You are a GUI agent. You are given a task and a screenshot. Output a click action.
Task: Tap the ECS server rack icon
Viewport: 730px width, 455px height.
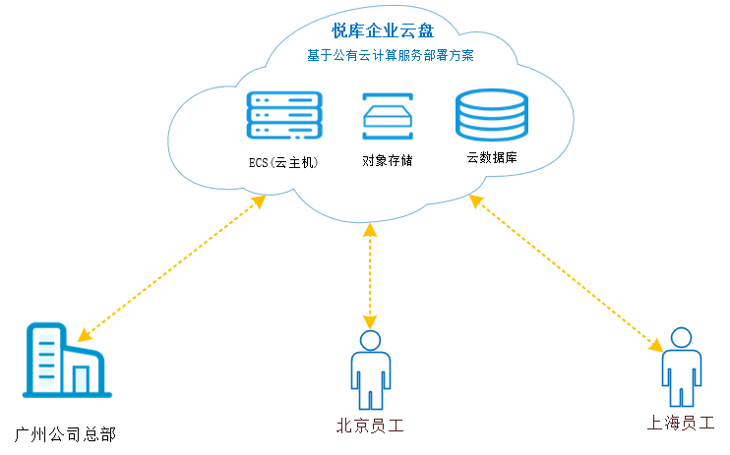tap(285, 116)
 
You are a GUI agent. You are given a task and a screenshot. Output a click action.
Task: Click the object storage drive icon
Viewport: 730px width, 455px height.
tap(388, 117)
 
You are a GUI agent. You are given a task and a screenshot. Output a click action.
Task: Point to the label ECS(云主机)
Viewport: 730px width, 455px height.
tap(283, 160)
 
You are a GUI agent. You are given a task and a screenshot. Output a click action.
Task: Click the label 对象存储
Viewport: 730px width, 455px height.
tap(387, 159)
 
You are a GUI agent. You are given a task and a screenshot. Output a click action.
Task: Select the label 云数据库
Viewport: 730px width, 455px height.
tap(492, 158)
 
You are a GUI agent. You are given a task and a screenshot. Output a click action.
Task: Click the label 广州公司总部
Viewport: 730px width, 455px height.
tap(66, 433)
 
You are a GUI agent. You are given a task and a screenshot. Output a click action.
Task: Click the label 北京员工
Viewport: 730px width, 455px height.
tap(370, 426)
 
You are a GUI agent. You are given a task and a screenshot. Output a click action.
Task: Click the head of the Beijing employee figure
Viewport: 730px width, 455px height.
tap(370, 341)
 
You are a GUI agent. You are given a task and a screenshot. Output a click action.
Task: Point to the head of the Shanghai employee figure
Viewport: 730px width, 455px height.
tap(680, 338)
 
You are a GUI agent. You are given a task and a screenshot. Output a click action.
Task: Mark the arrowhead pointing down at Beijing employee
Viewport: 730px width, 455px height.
tap(370, 321)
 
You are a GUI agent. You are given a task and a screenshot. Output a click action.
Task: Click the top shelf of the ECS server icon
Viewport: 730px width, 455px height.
tap(285, 99)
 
